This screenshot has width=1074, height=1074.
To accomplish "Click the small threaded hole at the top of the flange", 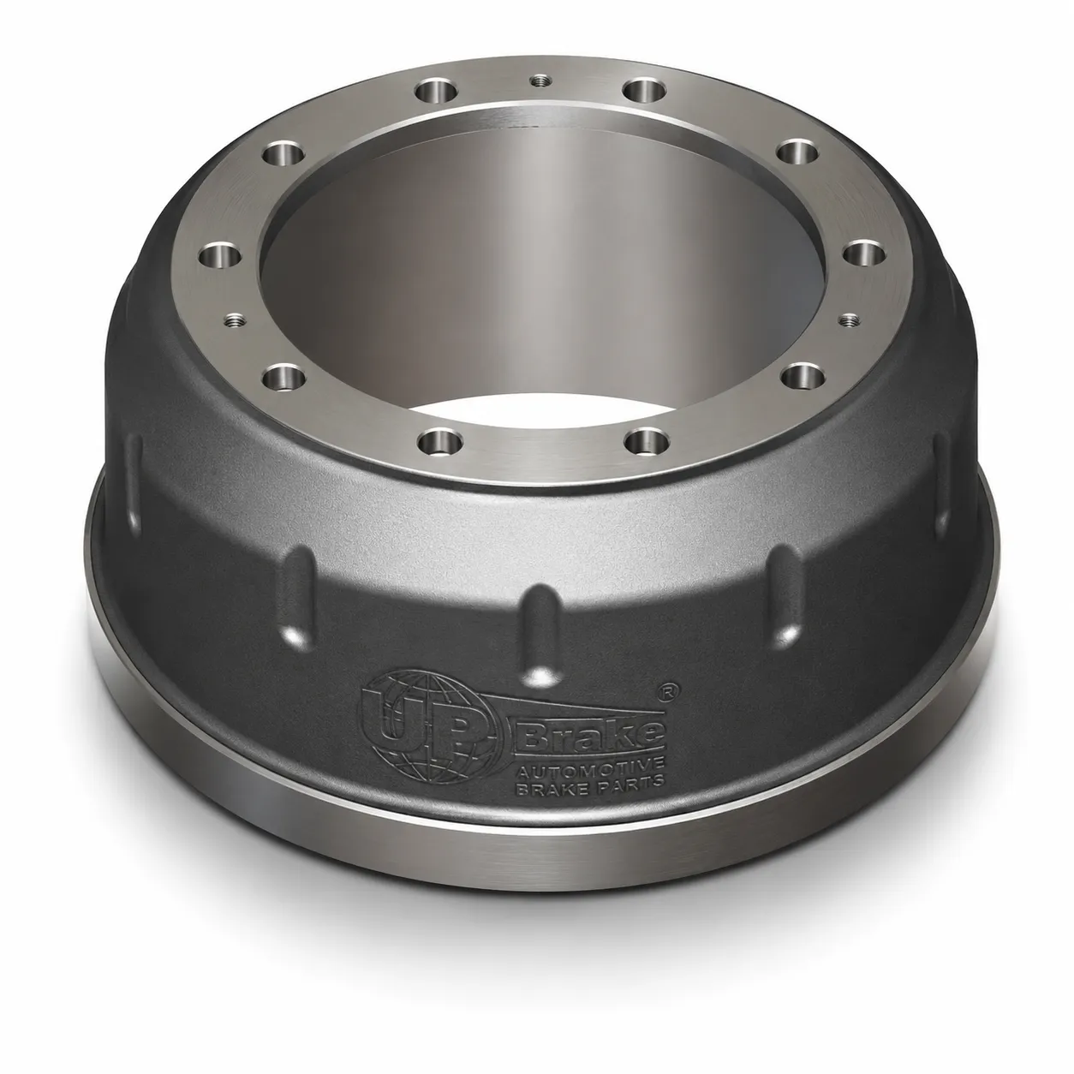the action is click(539, 81).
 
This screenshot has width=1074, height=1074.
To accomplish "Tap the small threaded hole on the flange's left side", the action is click(232, 319).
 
